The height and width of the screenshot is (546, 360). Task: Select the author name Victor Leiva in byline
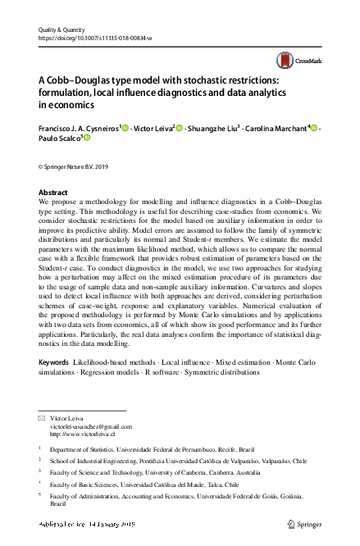coord(153,128)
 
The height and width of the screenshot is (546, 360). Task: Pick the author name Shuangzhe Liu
coord(215,128)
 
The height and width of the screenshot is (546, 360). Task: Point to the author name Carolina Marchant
coord(279,128)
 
